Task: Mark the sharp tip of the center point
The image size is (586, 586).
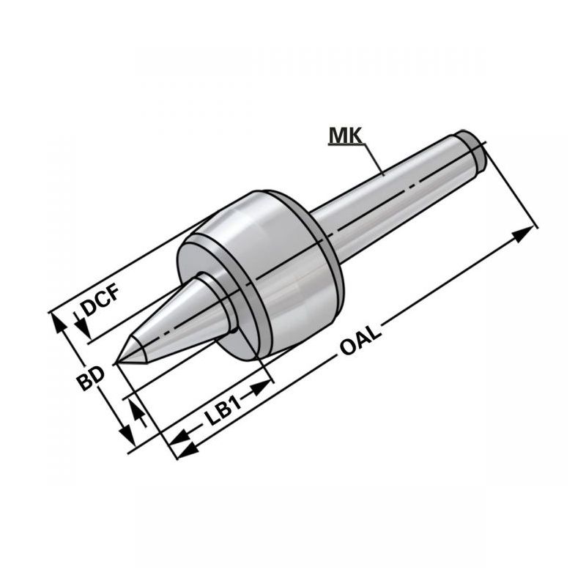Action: (x=118, y=361)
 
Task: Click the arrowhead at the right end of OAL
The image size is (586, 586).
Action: (x=523, y=234)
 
